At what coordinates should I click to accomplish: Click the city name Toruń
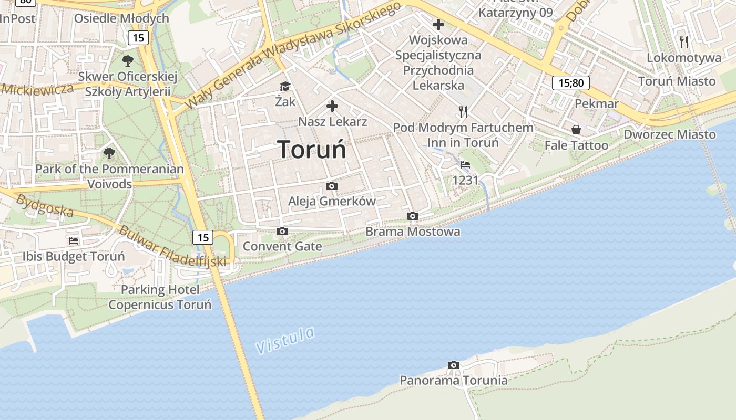click(x=312, y=150)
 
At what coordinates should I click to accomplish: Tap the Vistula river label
click(x=285, y=340)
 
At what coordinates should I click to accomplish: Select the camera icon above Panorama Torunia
click(x=453, y=365)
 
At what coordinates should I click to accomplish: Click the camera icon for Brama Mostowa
click(x=413, y=216)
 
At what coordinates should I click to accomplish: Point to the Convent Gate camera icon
click(x=282, y=231)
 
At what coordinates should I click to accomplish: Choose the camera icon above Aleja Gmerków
click(x=331, y=186)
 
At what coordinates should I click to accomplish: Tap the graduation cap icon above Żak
click(x=285, y=86)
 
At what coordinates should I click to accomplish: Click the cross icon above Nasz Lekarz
click(x=332, y=107)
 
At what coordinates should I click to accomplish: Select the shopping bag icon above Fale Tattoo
click(x=576, y=130)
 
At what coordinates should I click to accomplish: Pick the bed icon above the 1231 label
click(x=465, y=165)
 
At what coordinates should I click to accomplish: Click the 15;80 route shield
click(x=570, y=82)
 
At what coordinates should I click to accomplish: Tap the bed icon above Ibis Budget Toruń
click(x=74, y=241)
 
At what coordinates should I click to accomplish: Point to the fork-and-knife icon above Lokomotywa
click(x=683, y=41)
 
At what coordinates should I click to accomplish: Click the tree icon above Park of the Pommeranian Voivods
click(x=109, y=153)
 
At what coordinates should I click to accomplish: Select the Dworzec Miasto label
click(x=669, y=134)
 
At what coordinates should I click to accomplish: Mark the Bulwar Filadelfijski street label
click(x=172, y=246)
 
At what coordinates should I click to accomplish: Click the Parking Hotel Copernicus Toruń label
click(x=160, y=297)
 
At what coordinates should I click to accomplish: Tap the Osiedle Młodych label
click(x=121, y=18)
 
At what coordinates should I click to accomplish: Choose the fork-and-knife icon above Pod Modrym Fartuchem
click(x=463, y=111)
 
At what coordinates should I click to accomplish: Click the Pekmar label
click(x=596, y=103)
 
